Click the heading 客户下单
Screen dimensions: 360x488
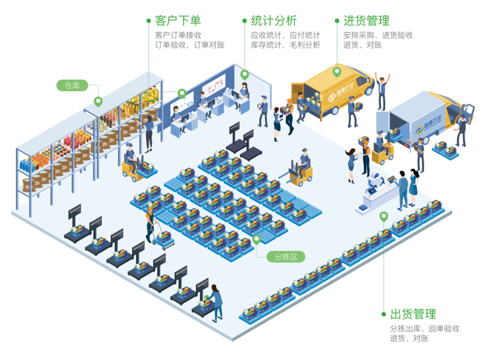(178, 20)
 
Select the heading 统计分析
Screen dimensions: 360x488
(274, 20)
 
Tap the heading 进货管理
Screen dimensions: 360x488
(366, 20)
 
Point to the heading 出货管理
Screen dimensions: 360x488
(413, 314)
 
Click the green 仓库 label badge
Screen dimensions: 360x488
(72, 85)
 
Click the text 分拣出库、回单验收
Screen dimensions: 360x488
(425, 328)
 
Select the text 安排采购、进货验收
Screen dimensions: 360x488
(378, 35)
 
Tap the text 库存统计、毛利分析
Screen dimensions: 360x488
(286, 45)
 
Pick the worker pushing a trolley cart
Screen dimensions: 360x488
(150, 224)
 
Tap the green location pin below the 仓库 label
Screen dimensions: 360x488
(98, 102)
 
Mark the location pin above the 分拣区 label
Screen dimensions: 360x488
(256, 239)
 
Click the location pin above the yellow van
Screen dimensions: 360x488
(336, 71)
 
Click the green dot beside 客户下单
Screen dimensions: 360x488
(149, 20)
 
